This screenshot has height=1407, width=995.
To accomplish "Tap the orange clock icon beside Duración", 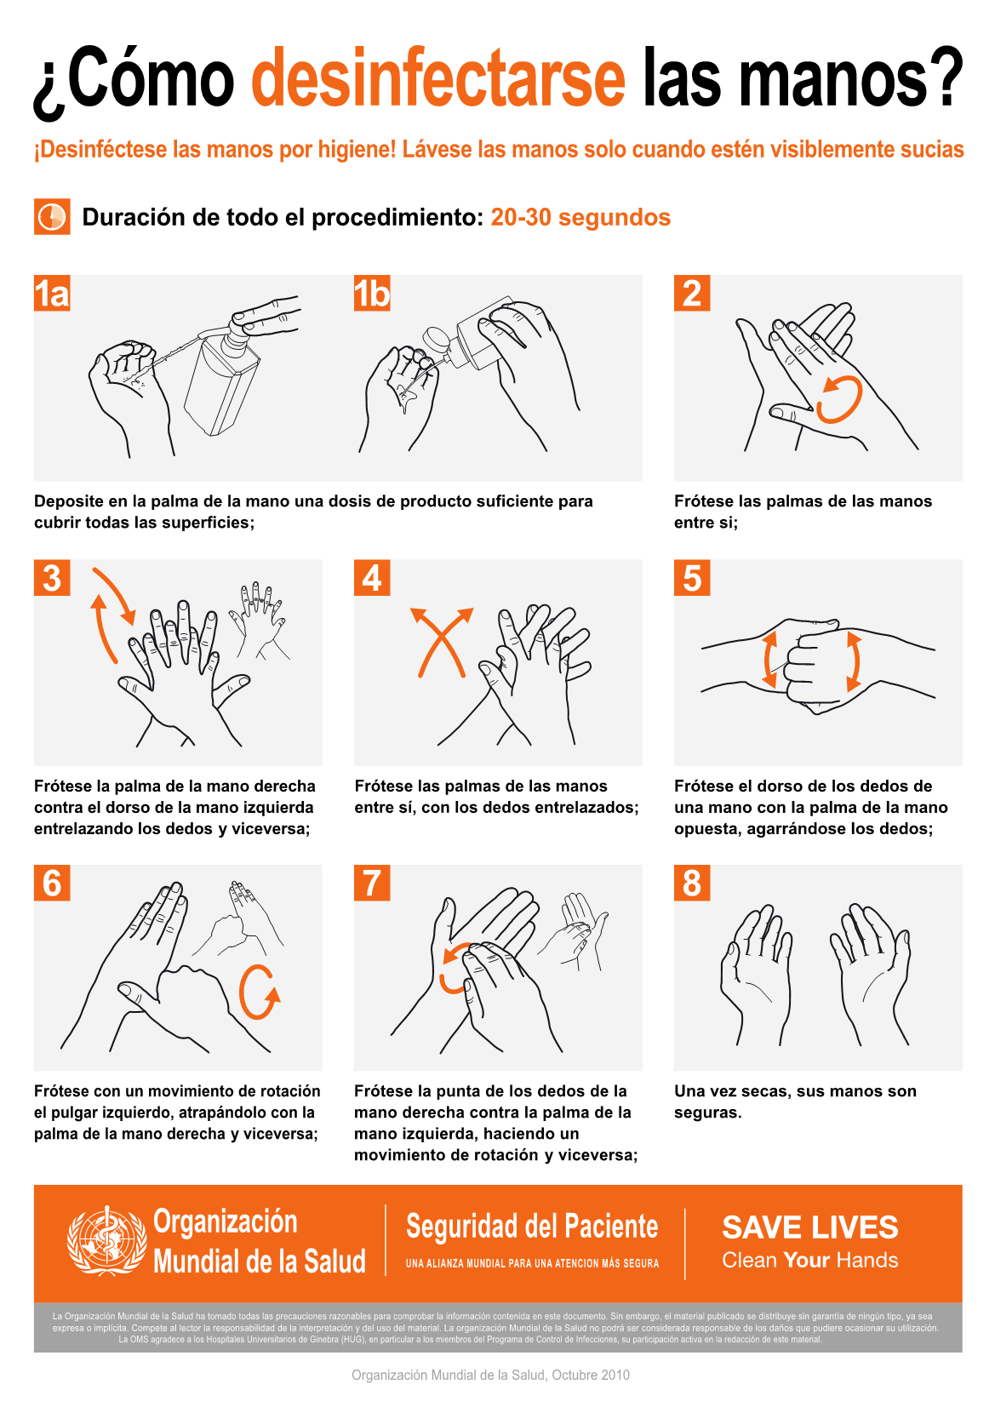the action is pos(52,217).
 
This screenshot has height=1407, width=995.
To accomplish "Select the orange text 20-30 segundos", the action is pos(580,217).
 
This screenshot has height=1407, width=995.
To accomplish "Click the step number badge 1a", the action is pos(52,293).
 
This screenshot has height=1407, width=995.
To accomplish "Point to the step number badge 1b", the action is pos(372,293).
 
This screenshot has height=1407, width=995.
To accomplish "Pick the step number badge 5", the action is pos(692,578).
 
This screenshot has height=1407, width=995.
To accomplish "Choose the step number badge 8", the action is pos(692,883).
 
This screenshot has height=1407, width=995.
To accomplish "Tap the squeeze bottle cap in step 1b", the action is pos(436,342).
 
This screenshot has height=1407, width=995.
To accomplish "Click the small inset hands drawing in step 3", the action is pos(259,620).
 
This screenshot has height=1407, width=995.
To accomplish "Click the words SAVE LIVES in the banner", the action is pos(809,1227).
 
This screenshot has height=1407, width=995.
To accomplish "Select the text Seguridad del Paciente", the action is pos(532,1226).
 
